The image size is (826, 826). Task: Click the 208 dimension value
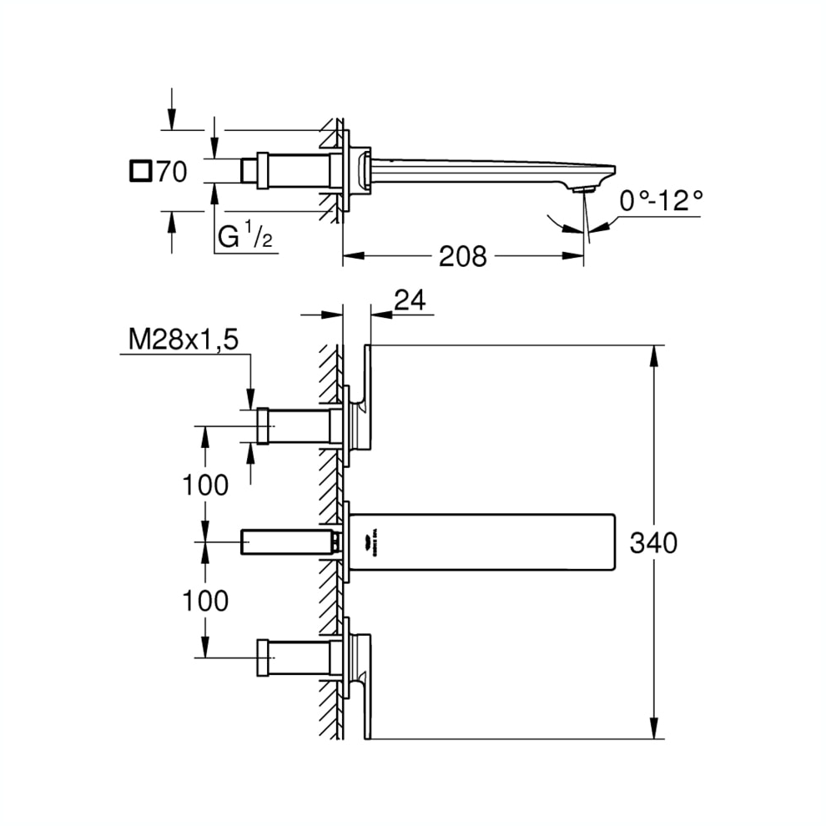tap(463, 256)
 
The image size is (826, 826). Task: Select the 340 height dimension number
tap(653, 543)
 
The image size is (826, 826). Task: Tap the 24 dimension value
tap(410, 300)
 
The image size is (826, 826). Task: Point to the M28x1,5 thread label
tap(184, 339)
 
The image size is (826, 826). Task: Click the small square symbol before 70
tap(141, 172)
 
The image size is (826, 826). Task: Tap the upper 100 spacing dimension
tap(205, 485)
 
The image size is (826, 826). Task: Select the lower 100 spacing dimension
tap(205, 600)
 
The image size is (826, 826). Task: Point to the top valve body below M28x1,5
tap(296, 426)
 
